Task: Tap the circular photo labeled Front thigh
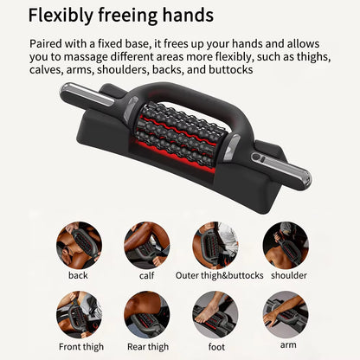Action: click(x=79, y=313)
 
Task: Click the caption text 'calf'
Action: click(x=147, y=276)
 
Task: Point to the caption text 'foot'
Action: click(x=215, y=347)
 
